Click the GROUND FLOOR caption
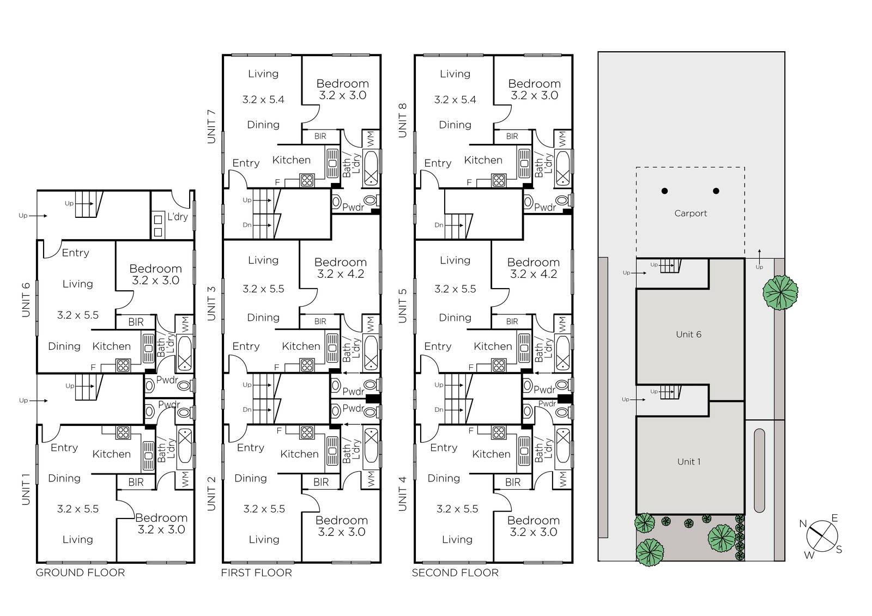click(x=80, y=572)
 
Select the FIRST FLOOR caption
click(x=256, y=572)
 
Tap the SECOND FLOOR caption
click(x=455, y=572)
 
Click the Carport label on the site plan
click(x=691, y=214)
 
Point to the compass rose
click(x=822, y=536)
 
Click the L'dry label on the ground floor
click(x=178, y=217)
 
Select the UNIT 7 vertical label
click(x=211, y=126)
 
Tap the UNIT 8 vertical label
click(x=403, y=120)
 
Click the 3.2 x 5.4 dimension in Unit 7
click(x=263, y=100)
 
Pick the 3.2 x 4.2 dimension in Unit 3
click(x=341, y=274)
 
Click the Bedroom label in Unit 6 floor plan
click(x=156, y=269)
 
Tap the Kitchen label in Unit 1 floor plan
click(x=111, y=454)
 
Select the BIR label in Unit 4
click(x=513, y=483)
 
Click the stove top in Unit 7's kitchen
click(x=307, y=181)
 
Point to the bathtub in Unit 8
click(x=563, y=168)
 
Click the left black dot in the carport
click(x=665, y=191)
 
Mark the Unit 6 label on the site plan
click(x=689, y=334)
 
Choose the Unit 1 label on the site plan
click(x=689, y=461)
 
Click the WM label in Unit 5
click(x=562, y=322)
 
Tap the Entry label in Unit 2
click(x=250, y=448)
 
